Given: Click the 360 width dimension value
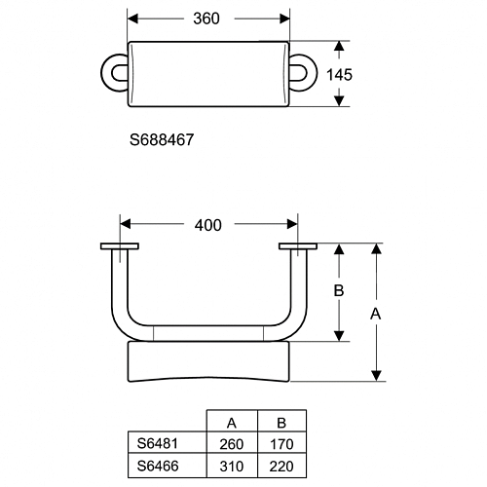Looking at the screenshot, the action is pyautogui.click(x=206, y=19).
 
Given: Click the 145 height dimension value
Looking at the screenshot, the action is pyautogui.click(x=339, y=75).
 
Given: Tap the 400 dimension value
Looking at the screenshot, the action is pyautogui.click(x=208, y=225).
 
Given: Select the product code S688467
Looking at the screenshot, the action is pyautogui.click(x=162, y=140).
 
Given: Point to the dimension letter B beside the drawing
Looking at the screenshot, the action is pyautogui.click(x=339, y=290).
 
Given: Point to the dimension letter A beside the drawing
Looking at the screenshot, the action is pyautogui.click(x=376, y=314).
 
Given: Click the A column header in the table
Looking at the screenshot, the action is pyautogui.click(x=232, y=423).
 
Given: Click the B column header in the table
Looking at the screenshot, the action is pyautogui.click(x=281, y=423).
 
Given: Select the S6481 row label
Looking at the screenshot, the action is pyautogui.click(x=158, y=443).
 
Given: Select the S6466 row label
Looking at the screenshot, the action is pyautogui.click(x=158, y=466).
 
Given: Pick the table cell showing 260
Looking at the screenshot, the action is pyautogui.click(x=232, y=444).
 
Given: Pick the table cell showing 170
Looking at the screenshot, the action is pyautogui.click(x=281, y=444).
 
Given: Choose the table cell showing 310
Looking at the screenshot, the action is pyautogui.click(x=232, y=467).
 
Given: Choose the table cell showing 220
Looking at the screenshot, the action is pyautogui.click(x=281, y=467).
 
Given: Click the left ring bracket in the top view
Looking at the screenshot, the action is pyautogui.click(x=106, y=73).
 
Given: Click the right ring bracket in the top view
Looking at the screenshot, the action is pyautogui.click(x=312, y=73).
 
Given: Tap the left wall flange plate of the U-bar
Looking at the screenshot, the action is pyautogui.click(x=120, y=246).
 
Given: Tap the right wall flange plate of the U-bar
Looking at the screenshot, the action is pyautogui.click(x=298, y=246).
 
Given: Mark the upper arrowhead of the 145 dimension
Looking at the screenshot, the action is pyautogui.click(x=339, y=46).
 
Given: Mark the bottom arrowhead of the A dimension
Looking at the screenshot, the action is pyautogui.click(x=376, y=376).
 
